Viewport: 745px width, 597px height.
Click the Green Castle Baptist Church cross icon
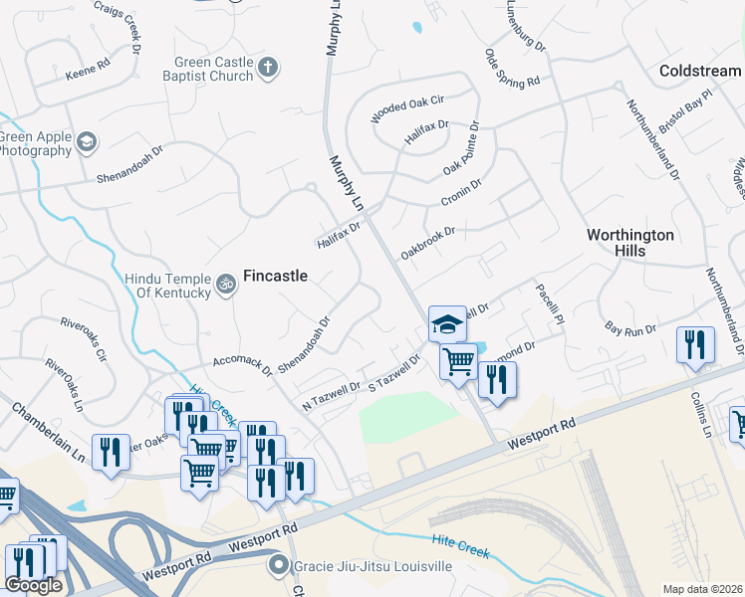266,68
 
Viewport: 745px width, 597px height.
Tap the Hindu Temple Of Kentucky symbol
227,285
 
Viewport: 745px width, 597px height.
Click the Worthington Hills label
629,243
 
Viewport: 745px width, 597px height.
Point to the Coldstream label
700,71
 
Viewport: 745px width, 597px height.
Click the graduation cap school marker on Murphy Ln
447,323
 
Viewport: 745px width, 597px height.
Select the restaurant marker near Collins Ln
695,344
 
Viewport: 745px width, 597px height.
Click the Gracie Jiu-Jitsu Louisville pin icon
279,566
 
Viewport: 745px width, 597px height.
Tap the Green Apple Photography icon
87,141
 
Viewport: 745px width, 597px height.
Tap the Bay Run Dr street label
630,327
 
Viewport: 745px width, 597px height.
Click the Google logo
34,584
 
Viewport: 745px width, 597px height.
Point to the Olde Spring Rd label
512,67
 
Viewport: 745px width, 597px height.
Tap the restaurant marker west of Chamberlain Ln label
111,451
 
